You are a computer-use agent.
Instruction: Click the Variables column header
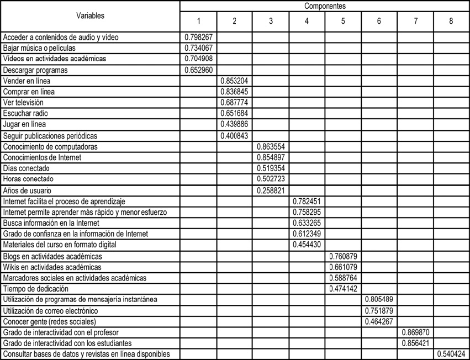click(x=90, y=16)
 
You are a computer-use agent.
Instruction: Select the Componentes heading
click(x=325, y=6)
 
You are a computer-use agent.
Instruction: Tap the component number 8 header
click(x=451, y=21)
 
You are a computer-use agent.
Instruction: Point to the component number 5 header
click(x=343, y=21)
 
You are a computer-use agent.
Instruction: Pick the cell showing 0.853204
click(x=235, y=81)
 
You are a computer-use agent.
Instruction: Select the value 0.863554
click(x=271, y=147)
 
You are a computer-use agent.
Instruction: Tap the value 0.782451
click(x=307, y=202)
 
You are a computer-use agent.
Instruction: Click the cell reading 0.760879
click(x=343, y=256)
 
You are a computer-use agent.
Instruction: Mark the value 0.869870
click(x=415, y=332)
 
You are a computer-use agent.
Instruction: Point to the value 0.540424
click(x=451, y=354)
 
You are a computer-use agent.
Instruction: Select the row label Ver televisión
click(x=23, y=103)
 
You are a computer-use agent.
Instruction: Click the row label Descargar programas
click(x=35, y=70)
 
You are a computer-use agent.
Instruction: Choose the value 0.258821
click(x=271, y=190)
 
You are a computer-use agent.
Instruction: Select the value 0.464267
click(x=379, y=321)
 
